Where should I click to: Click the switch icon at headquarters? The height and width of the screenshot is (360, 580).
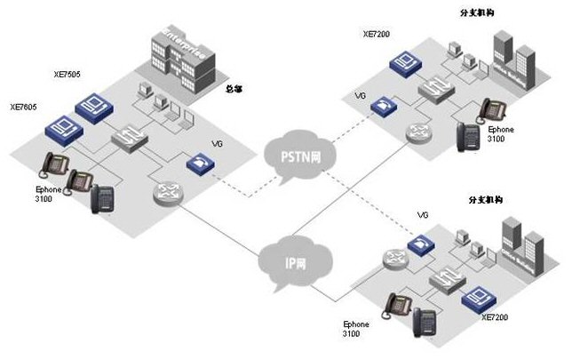pos(128,138)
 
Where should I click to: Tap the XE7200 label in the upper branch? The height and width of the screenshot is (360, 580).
pos(376,34)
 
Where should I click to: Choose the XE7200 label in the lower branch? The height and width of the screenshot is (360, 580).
pos(499,316)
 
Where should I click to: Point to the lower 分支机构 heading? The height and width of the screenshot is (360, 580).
pos(486,201)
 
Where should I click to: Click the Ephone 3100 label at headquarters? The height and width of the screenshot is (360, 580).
pos(44,193)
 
